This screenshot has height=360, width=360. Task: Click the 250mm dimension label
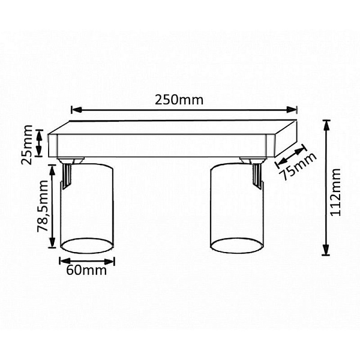[x=179, y=100]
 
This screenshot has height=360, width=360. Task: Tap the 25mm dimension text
[x=26, y=145]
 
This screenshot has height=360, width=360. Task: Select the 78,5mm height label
[x=43, y=206]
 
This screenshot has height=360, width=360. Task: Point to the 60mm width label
[x=86, y=270]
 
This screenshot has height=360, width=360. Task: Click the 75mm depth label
[x=298, y=166]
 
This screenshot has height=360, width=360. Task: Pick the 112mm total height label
[x=335, y=192]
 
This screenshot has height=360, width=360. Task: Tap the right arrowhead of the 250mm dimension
[x=292, y=110]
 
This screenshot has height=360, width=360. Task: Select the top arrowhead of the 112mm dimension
[x=326, y=126]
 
